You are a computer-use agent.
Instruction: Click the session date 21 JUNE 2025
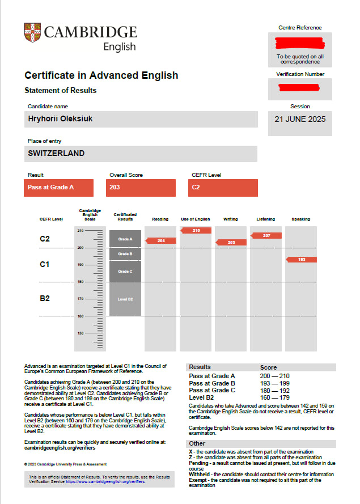click(299, 120)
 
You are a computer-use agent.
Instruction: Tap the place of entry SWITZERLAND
click(56, 153)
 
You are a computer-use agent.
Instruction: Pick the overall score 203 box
click(141, 187)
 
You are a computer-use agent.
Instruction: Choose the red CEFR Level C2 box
click(223, 187)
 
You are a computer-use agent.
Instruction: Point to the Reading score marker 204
click(161, 241)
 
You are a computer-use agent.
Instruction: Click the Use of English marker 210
click(196, 231)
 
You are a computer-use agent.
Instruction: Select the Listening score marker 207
click(266, 235)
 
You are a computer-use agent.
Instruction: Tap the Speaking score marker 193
click(302, 260)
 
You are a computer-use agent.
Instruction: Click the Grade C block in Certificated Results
click(125, 272)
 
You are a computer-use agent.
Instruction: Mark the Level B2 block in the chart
click(125, 299)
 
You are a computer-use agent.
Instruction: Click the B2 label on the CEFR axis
click(45, 298)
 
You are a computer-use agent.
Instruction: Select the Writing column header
click(231, 219)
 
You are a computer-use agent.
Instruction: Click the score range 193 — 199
click(274, 383)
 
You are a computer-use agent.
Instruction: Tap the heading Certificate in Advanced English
click(101, 75)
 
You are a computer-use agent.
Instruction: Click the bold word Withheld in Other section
click(201, 474)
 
